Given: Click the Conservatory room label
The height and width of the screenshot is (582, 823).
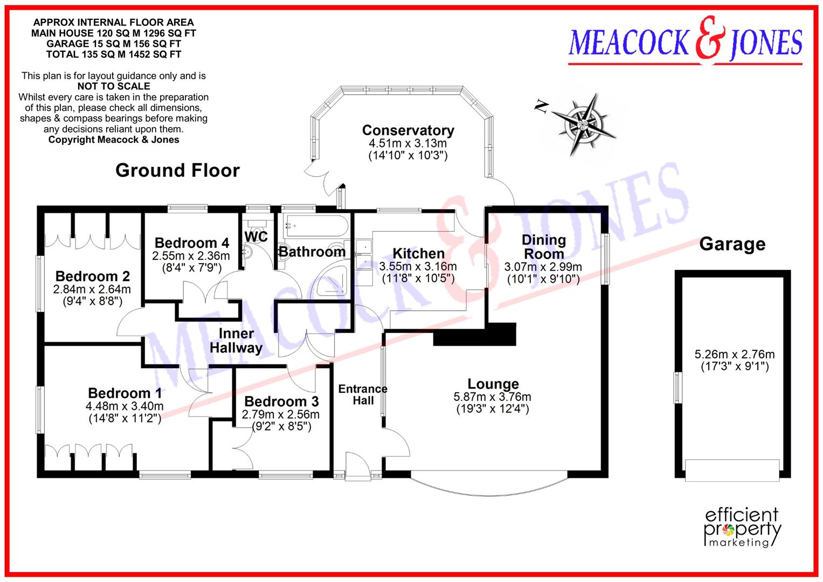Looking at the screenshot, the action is click(408, 130).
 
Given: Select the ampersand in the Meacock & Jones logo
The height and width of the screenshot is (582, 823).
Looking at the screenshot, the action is click(709, 39).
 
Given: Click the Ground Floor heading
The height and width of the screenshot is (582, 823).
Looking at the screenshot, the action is click(177, 170).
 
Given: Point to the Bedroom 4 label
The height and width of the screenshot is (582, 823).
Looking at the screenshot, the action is click(192, 243).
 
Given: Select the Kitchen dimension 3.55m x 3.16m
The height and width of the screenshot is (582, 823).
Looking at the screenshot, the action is click(418, 266).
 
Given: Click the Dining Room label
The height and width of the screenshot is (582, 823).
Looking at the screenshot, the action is click(544, 247).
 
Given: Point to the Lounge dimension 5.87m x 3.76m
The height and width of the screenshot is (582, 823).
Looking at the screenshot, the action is click(492, 397).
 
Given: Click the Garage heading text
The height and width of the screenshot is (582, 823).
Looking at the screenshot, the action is click(732, 244).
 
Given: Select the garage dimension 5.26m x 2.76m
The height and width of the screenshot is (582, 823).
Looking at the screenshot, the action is click(735, 354).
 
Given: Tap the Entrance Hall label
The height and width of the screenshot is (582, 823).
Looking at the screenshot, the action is click(363, 394).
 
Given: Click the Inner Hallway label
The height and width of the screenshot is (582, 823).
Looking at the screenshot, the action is click(236, 341).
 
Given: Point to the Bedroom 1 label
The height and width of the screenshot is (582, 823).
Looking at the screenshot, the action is click(125, 393).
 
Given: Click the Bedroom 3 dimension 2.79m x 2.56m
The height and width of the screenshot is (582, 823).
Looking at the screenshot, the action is click(280, 414).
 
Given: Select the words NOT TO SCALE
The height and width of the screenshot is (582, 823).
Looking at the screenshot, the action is click(114, 86).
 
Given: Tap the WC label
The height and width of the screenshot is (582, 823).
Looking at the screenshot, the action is click(256, 237).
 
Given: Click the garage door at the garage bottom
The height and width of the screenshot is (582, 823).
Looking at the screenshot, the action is click(732, 470).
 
